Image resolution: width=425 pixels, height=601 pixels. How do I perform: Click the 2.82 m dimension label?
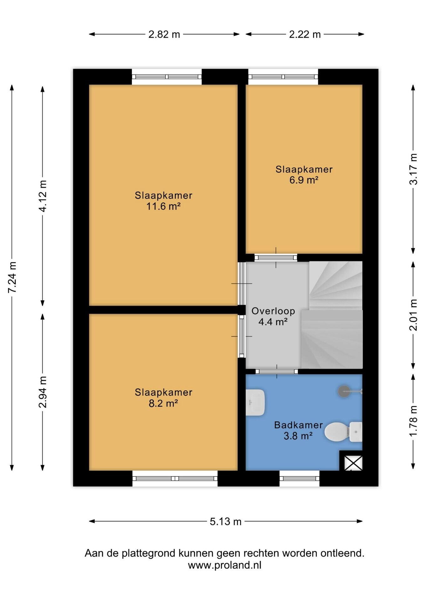coord(164,34)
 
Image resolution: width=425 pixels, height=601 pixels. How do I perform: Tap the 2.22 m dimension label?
coord(305,34)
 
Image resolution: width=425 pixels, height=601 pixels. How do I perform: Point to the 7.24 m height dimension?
coord(12,277)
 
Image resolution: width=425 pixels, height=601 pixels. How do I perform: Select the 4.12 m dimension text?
coord(43,196)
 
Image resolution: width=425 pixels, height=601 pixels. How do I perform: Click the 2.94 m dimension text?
coord(43,392)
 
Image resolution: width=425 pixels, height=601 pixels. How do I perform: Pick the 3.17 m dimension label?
coord(413,169)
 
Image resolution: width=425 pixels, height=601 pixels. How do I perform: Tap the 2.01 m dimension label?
coord(413,315)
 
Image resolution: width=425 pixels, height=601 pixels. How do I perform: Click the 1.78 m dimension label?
coord(413,420)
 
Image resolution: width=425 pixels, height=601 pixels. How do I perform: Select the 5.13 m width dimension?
coord(225,521)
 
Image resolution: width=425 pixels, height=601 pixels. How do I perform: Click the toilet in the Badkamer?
coord(343,432)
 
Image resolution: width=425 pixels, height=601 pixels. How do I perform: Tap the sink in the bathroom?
coord(255,402)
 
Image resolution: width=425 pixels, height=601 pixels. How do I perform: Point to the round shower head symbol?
coord(344,391)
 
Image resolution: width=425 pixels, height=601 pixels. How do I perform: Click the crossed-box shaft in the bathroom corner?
coord(353,463)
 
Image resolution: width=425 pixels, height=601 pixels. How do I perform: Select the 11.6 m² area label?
coord(163,206)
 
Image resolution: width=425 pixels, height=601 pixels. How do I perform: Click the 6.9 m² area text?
coord(304,180)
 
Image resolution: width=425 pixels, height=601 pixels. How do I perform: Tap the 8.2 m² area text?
coord(163,403)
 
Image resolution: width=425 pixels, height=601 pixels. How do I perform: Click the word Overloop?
coord(273,311)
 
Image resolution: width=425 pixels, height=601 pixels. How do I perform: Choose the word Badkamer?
coord(298,425)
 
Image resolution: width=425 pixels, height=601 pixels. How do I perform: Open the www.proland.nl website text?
coord(224,565)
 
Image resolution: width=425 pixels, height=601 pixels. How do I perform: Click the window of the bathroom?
coord(300,479)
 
